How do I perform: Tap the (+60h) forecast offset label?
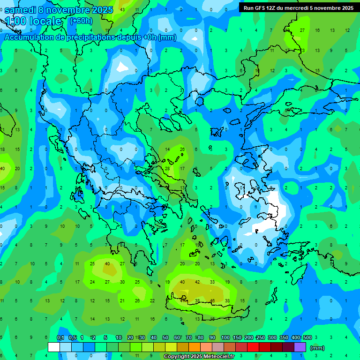click(x=81, y=21)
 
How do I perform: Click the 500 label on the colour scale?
click(x=307, y=337)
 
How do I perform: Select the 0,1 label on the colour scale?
click(x=60, y=337)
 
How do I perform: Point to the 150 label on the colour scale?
click(x=237, y=337)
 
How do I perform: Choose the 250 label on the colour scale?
click(x=261, y=337)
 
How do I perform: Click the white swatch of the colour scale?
click(x=54, y=347)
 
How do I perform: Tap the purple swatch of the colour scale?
click(x=300, y=347)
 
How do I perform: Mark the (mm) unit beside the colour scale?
click(x=317, y=348)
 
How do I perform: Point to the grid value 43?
click(x=122, y=10)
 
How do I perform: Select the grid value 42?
click(x=197, y=282)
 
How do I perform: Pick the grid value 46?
click(x=212, y=300)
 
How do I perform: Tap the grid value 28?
click(x=167, y=168)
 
